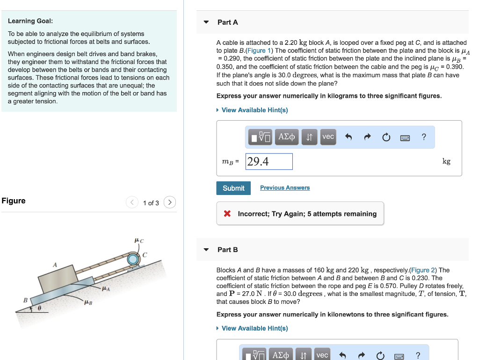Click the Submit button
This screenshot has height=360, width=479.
[233, 188]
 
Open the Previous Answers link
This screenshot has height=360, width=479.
[285, 188]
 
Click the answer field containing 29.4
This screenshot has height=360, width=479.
[269, 162]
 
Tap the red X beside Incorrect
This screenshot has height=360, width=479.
[227, 214]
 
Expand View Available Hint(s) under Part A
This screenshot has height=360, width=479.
[254, 110]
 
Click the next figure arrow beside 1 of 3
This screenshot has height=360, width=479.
[170, 202]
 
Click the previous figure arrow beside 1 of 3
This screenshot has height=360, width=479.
[132, 202]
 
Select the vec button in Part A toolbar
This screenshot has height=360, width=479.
[328, 137]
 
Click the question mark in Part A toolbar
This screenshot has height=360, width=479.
[424, 137]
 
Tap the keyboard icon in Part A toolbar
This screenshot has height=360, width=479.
[405, 137]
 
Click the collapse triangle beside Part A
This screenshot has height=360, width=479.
[206, 22]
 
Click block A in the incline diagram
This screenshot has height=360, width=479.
[56, 280]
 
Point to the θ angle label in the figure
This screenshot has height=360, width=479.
[40, 309]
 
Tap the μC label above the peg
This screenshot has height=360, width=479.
[139, 241]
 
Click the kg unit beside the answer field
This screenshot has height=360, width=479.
[446, 161]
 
